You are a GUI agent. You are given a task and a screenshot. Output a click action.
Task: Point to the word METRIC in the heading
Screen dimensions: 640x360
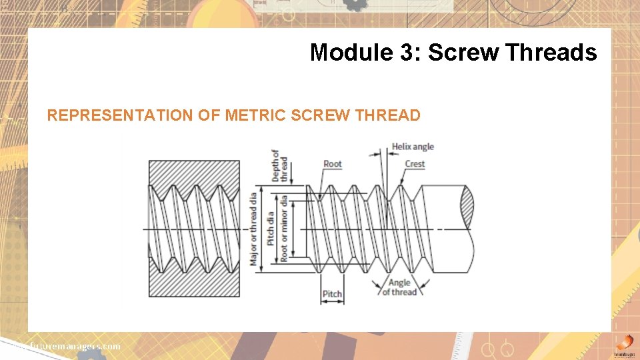[x=254, y=115]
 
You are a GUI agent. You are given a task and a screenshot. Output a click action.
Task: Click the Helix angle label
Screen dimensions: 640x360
[x=412, y=147]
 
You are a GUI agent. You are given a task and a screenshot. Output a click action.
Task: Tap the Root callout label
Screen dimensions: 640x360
[x=332, y=164]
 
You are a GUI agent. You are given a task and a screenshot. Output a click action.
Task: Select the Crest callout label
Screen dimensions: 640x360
[x=414, y=164]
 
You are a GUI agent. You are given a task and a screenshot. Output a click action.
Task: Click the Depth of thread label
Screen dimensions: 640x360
[x=280, y=166]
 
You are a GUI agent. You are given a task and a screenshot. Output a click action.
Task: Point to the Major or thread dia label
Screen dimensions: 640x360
[x=253, y=229]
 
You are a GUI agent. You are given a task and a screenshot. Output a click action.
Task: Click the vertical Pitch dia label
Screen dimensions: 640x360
[x=271, y=229]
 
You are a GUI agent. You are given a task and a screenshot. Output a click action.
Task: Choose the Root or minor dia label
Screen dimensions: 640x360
[x=285, y=229]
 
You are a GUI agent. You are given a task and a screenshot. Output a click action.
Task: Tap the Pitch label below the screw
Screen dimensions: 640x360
[x=332, y=294]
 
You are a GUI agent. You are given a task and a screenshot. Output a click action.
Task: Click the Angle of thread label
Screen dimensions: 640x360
[x=399, y=287]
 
